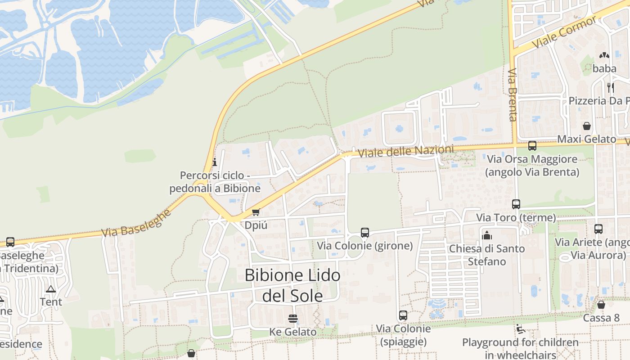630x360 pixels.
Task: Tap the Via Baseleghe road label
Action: coord(136,223)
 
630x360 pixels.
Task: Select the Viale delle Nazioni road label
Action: coord(406,151)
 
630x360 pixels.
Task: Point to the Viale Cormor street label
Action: coord(564,32)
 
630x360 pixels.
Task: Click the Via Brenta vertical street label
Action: coord(513,94)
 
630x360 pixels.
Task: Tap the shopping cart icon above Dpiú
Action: coord(256,212)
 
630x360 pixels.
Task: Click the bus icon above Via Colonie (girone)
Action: coord(365,233)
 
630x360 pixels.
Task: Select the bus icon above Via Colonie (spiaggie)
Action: coord(403,315)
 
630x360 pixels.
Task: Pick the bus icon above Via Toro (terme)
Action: coord(516,204)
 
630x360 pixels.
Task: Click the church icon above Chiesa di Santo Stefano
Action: coord(487,235)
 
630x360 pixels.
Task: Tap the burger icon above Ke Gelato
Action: coord(293,319)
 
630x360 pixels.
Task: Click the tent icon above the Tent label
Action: coord(51,289)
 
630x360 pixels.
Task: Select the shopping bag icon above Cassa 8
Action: coord(601,305)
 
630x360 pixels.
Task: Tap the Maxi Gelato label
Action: coord(586,139)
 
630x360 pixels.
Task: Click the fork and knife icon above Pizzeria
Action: coord(611,87)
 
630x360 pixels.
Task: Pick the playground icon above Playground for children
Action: coord(520,329)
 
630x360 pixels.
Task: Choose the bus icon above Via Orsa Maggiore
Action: coord(532,146)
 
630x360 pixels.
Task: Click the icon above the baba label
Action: coord(604,55)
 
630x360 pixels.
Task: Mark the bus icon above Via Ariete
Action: coord(598,229)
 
